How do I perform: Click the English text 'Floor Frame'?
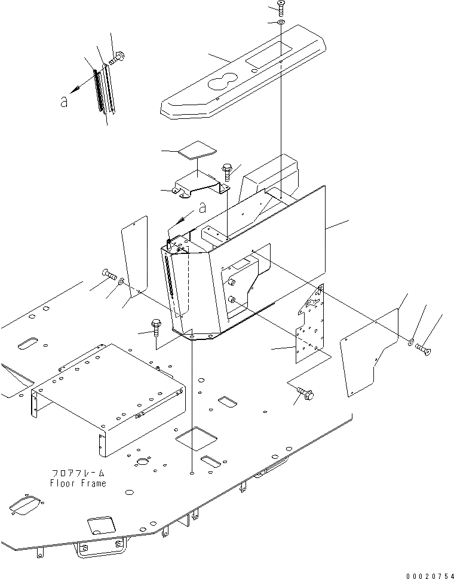(x=78, y=483)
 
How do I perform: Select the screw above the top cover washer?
(x=281, y=8)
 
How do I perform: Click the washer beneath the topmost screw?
(x=281, y=23)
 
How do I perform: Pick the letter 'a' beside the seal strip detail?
(x=64, y=102)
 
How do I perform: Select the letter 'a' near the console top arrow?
(x=203, y=208)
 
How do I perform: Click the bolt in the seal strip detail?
(x=117, y=57)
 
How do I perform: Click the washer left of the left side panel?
(x=121, y=280)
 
